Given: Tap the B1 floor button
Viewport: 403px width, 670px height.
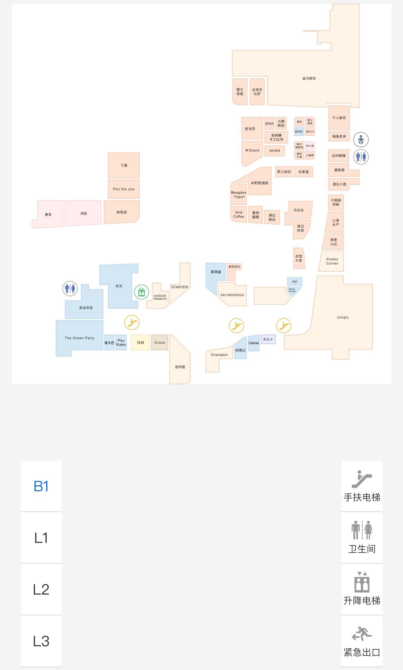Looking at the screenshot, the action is pos(41,486).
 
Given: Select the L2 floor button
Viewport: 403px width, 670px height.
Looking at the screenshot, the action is pos(41,589).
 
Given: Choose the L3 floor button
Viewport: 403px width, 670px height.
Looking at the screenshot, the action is pos(41,641).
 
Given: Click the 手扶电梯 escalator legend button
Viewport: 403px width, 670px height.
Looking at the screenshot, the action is pos(362,486).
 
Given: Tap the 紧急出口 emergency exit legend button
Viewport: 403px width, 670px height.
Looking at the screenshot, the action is pos(362,641).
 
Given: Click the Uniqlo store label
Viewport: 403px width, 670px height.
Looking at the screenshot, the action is pos(343,317).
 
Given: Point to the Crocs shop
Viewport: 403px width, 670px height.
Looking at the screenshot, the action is pos(160,342).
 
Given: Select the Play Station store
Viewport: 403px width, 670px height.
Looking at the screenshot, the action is pos(121,342).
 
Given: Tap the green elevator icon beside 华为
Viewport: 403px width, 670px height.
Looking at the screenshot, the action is pos(141,292).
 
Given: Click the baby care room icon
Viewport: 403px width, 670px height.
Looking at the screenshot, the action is pos(361,140).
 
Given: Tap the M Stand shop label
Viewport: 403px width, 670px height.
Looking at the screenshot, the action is pos(252,151).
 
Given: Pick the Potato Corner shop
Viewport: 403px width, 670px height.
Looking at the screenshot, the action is pos(332,261).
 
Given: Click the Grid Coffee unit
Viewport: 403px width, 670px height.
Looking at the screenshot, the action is pos(239,214).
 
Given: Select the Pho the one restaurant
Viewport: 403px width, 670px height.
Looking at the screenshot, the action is pos(124,189).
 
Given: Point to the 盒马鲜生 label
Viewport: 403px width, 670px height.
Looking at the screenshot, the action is pos(309,79).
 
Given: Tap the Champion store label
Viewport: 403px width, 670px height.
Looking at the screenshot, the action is pos(219,355).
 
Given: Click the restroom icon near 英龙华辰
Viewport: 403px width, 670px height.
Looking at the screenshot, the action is pos(70,288).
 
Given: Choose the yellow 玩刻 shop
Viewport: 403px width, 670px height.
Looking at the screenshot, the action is pos(140,342).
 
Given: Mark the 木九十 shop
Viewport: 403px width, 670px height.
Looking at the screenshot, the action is pos(268,339).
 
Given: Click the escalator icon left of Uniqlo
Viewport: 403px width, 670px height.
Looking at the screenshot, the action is pos(284,325).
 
